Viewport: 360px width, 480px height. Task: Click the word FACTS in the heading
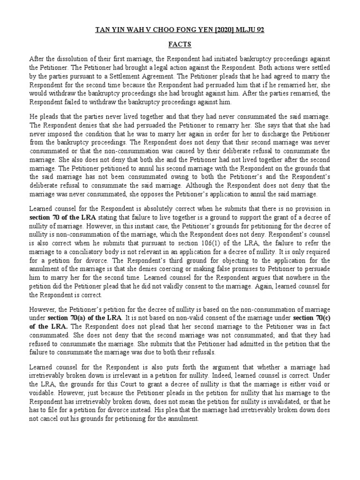point(180,45)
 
